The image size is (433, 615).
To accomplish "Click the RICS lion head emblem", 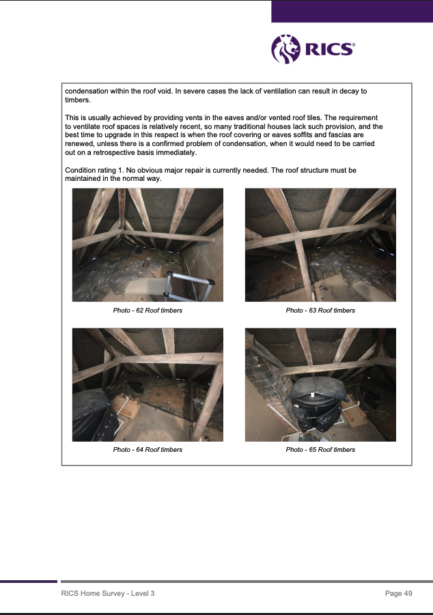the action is pos(285,49).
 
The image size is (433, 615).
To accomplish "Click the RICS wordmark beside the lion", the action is pos(329,49).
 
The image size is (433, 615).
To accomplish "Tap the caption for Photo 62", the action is pos(148,311).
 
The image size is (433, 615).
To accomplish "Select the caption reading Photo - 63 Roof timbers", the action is pos(320,311).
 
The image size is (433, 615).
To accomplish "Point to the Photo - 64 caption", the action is pos(148,450).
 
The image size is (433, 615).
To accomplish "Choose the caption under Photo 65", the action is pos(320,450).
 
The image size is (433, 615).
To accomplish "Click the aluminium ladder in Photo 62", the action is pos(188,286).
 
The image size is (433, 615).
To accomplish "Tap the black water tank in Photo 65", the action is pos(317,404).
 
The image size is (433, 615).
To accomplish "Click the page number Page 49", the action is pos(398,593).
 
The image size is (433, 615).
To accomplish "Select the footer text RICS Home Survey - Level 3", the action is pos(108,593).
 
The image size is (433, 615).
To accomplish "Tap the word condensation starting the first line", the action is pos(86,91).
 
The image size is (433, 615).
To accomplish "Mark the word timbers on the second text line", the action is pos(78,100).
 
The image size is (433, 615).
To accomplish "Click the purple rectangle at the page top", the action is pos(352,12).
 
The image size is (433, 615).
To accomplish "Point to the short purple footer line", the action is pos(29,582).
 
